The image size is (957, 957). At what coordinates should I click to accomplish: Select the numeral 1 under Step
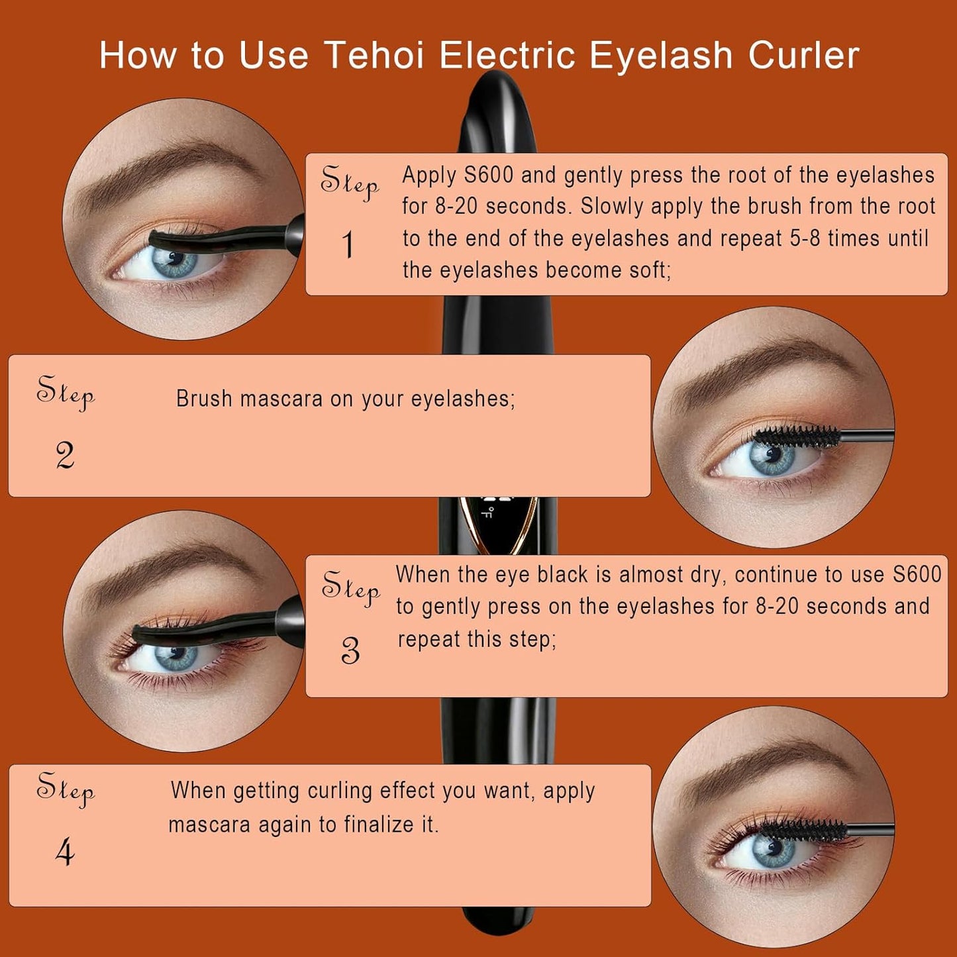tap(348, 244)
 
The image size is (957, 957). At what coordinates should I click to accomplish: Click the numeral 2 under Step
tap(65, 456)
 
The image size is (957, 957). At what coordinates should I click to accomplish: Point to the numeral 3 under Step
tap(350, 651)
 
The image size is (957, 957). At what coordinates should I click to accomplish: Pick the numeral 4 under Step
tap(65, 854)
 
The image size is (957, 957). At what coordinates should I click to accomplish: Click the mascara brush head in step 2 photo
tap(797, 436)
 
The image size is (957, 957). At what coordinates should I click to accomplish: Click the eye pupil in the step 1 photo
tap(174, 258)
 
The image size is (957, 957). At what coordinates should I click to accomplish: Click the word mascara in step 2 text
tap(281, 399)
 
